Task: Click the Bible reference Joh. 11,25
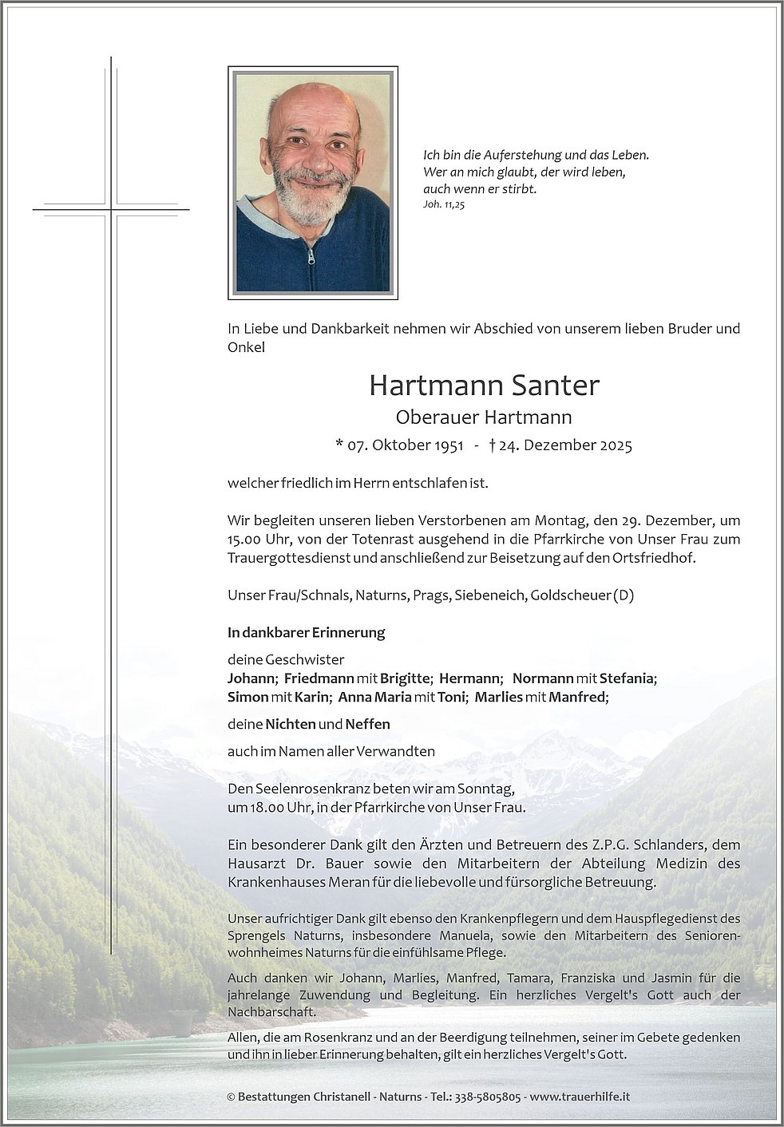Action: click(445, 205)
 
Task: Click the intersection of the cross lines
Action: click(112, 209)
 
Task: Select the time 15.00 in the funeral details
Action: click(244, 540)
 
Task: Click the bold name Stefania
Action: click(627, 678)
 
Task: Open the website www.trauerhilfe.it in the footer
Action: click(580, 1097)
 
